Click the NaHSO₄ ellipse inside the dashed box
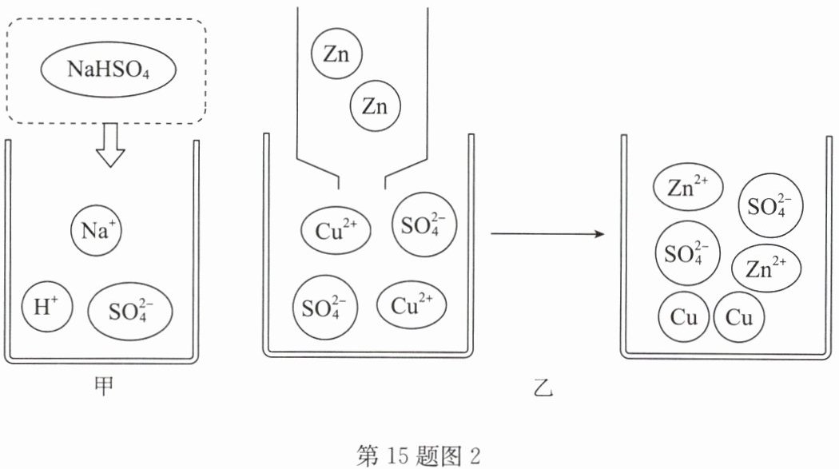(109, 69)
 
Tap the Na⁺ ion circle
(97, 230)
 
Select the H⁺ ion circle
(47, 307)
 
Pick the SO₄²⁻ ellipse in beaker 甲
(130, 312)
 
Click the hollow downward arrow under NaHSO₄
(110, 145)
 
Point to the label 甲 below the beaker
(103, 386)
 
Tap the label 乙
(543, 388)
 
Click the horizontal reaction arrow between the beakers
(547, 233)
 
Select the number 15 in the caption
(395, 455)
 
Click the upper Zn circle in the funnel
(336, 54)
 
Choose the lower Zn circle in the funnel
(375, 106)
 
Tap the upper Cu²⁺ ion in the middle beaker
(336, 230)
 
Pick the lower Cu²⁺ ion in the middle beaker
(412, 305)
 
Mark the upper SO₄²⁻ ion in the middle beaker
(424, 225)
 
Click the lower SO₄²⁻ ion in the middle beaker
(324, 308)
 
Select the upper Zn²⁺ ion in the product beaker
(688, 187)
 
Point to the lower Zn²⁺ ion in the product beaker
(766, 268)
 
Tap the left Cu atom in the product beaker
(684, 317)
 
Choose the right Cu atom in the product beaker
(739, 317)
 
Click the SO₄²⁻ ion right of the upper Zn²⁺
(770, 205)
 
